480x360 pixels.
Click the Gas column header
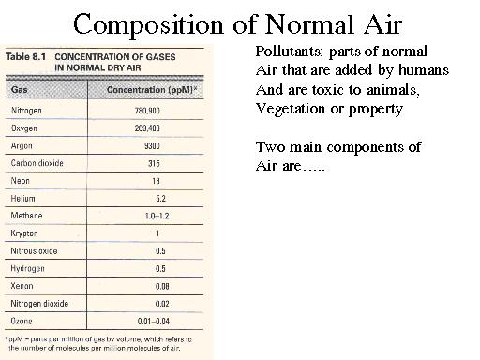(20, 89)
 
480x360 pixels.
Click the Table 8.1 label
(27, 57)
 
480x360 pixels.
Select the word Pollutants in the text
(285, 50)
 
